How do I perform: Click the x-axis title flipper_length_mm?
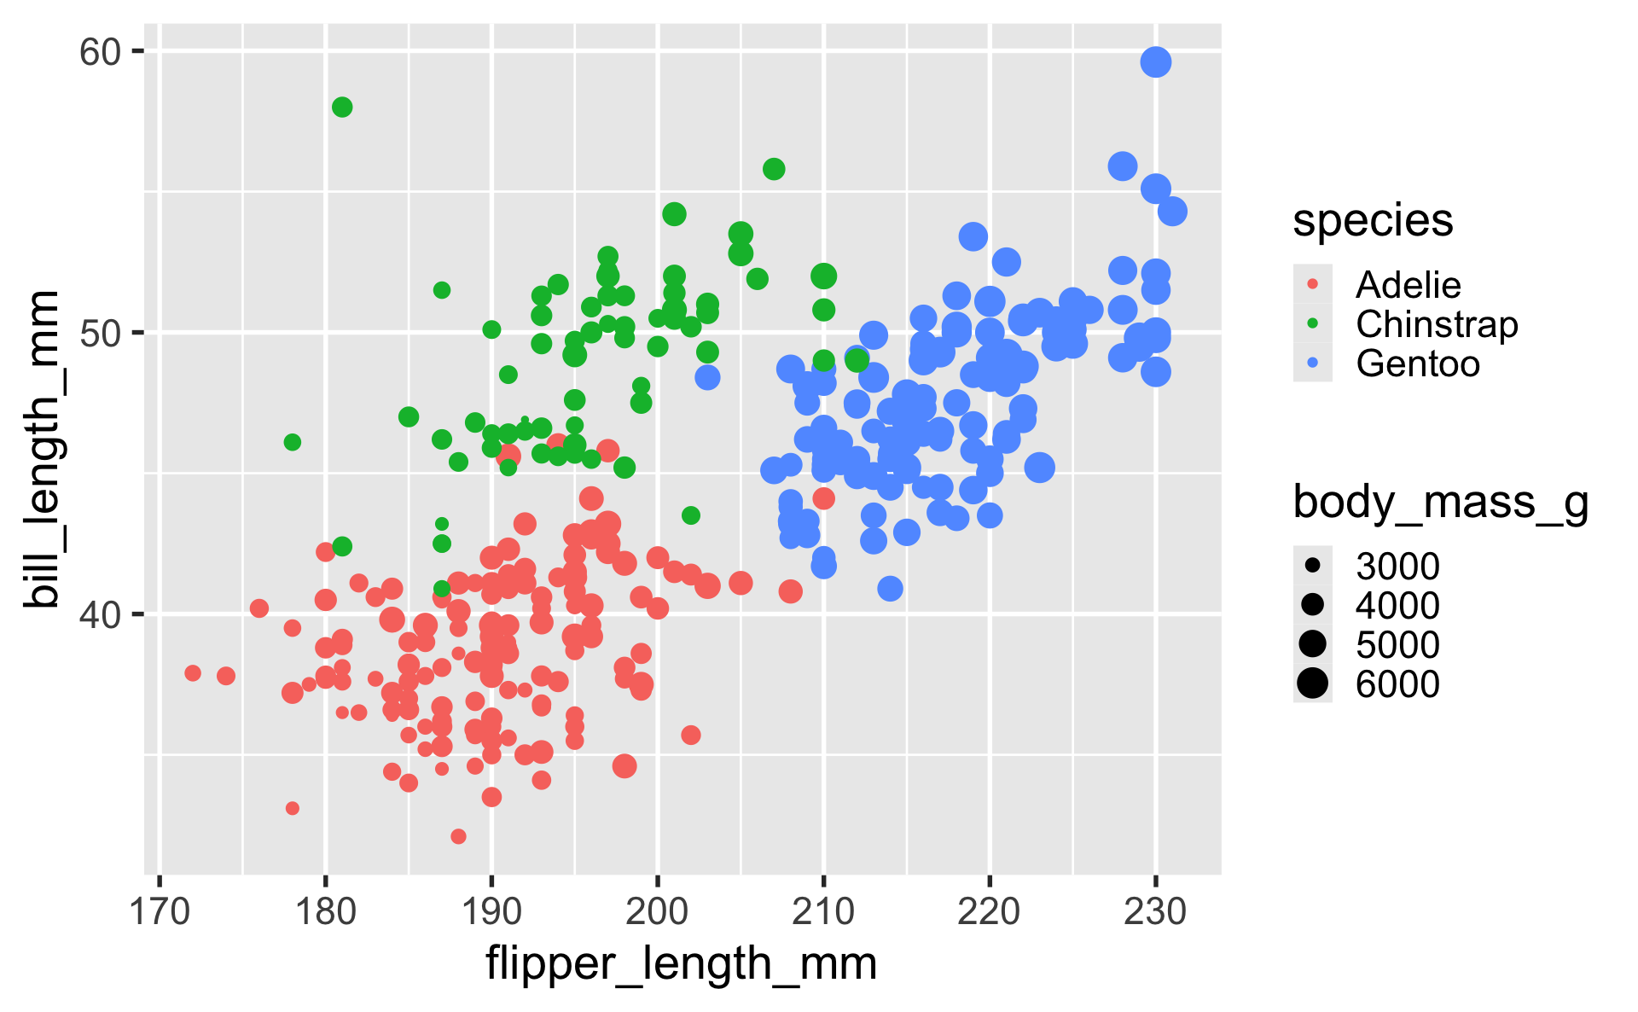[681, 965]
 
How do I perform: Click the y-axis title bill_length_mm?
[41, 449]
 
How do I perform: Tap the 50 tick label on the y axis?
[100, 334]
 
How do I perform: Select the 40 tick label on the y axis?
[100, 614]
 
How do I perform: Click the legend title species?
[1373, 221]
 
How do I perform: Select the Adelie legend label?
[1408, 285]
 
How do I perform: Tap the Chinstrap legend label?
[1437, 324]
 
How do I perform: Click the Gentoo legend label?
[1417, 364]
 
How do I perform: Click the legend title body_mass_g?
[1440, 502]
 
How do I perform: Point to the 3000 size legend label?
[1397, 567]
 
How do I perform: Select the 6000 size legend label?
[1397, 684]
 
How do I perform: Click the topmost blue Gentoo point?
[1155, 62]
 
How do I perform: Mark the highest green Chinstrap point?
[342, 108]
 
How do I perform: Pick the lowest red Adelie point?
[458, 836]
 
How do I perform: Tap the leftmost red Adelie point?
[193, 673]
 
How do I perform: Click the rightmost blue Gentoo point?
[1172, 212]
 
